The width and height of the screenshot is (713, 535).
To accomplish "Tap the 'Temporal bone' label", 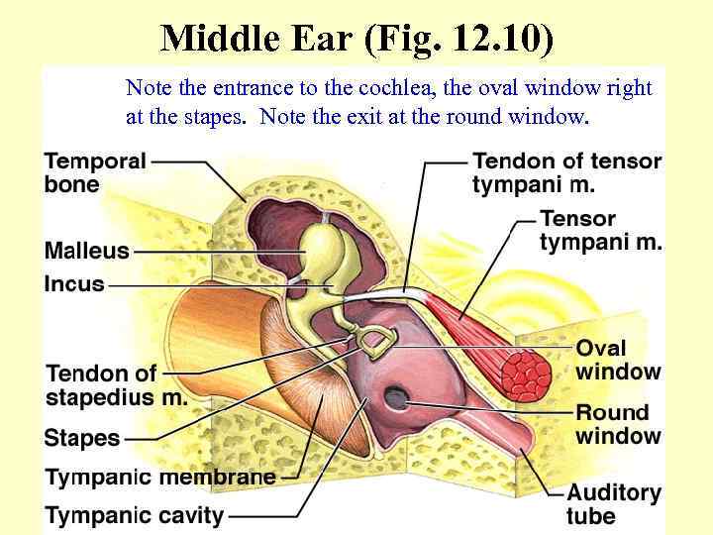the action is click(95, 172).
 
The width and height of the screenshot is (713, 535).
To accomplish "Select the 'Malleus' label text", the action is click(87, 251).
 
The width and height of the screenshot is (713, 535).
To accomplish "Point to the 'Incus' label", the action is click(74, 284).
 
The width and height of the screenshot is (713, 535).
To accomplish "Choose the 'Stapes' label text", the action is click(82, 438).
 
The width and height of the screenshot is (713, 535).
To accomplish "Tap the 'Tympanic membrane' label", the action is click(160, 477).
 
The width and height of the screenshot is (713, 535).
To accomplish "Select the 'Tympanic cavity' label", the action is click(135, 515).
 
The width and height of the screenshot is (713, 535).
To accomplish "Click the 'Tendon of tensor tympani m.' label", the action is click(566, 172).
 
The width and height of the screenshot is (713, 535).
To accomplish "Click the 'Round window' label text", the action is click(618, 424).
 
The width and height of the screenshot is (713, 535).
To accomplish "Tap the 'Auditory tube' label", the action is click(613, 504).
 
